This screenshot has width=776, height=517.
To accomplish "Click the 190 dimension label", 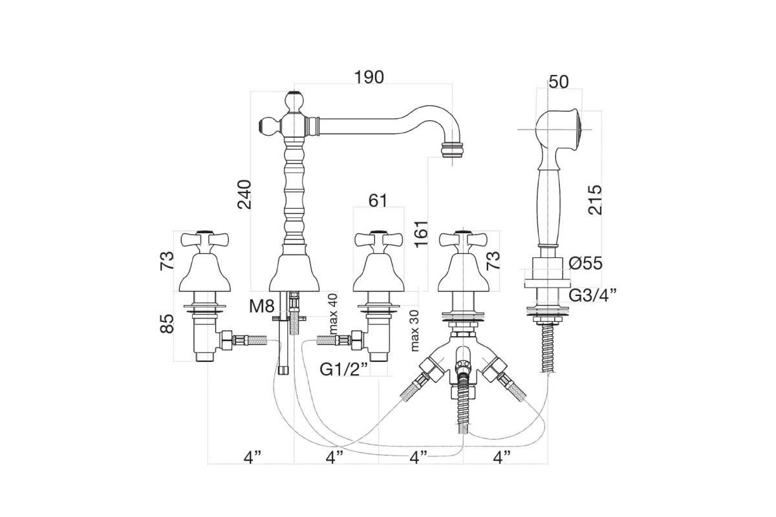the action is [369, 77].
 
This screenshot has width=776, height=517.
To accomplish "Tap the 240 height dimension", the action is [244, 195].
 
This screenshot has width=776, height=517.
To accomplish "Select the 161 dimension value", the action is [422, 234].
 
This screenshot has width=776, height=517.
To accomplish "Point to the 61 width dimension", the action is [378, 200].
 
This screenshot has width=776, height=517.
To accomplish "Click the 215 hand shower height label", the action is [596, 200].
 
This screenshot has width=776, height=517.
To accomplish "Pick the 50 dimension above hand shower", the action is [559, 82].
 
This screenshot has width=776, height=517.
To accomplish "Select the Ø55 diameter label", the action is [585, 264].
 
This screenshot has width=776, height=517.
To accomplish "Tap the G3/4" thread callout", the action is [592, 295].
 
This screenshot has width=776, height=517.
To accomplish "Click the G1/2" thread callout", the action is [343, 370].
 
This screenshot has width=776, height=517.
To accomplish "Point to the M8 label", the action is [261, 306].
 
